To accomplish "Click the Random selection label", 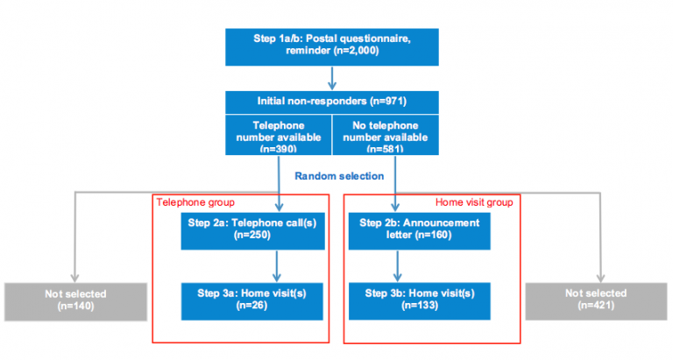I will click(x=338, y=176).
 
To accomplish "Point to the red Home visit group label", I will click(x=473, y=202).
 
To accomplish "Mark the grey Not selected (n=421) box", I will click(x=596, y=300).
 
